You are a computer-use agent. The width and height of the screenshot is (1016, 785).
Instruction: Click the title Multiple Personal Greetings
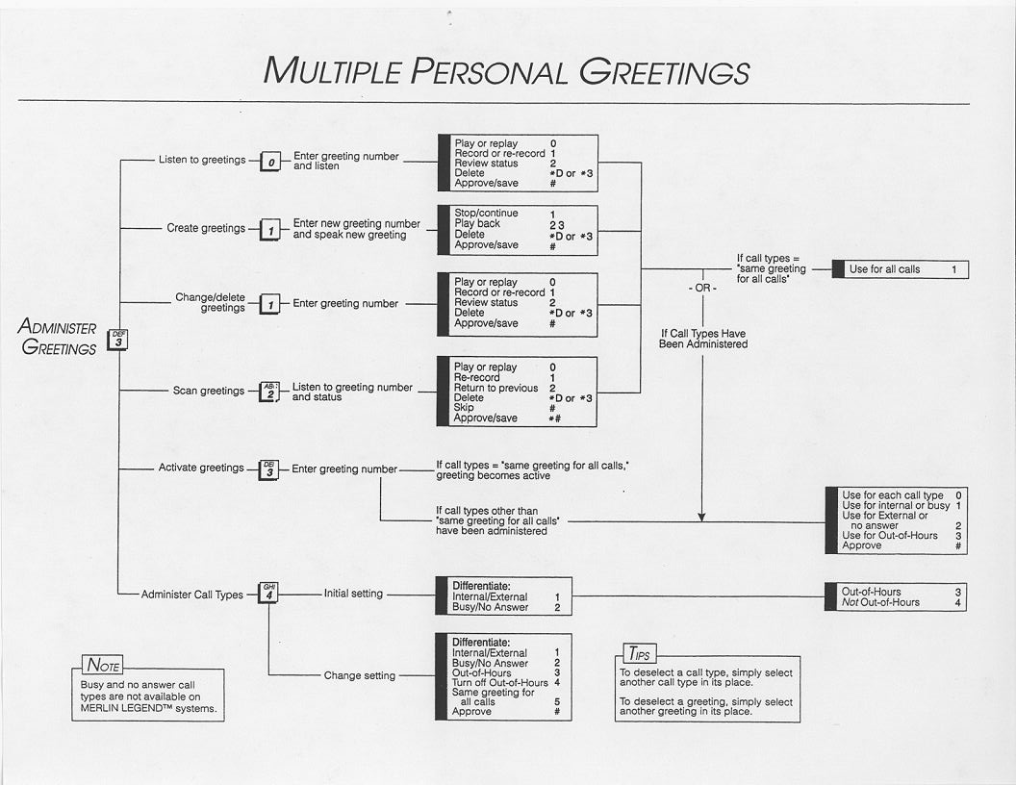coord(506,71)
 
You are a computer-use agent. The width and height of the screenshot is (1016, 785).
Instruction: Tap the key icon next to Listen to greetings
coord(271,162)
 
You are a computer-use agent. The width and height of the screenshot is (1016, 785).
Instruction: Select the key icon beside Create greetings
coord(271,230)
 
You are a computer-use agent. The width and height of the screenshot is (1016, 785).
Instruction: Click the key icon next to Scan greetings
coord(269,392)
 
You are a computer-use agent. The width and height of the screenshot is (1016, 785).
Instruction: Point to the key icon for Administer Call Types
coord(269,594)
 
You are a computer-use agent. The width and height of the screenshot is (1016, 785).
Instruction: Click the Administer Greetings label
coord(58,338)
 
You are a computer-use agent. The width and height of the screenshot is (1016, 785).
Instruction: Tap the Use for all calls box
coord(901,269)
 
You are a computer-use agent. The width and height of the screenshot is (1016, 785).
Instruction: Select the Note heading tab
coord(102,665)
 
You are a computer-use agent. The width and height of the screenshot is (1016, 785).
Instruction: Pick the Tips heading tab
coord(636,654)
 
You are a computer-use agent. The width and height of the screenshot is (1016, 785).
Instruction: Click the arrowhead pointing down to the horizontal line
coord(701,517)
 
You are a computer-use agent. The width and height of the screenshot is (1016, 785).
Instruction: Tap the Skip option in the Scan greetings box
coord(464,408)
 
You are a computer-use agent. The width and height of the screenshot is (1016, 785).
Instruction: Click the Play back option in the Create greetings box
coord(477,224)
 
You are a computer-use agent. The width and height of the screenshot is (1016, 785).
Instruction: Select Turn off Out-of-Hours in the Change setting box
coord(499,682)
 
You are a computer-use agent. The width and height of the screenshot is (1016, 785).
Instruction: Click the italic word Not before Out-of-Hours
coord(851,602)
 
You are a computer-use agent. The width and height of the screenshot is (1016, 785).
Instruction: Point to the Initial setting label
coord(353,594)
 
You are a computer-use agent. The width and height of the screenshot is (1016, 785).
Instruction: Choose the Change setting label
coord(359,675)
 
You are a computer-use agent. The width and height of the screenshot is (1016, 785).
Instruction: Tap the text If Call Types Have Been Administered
coord(702,339)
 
